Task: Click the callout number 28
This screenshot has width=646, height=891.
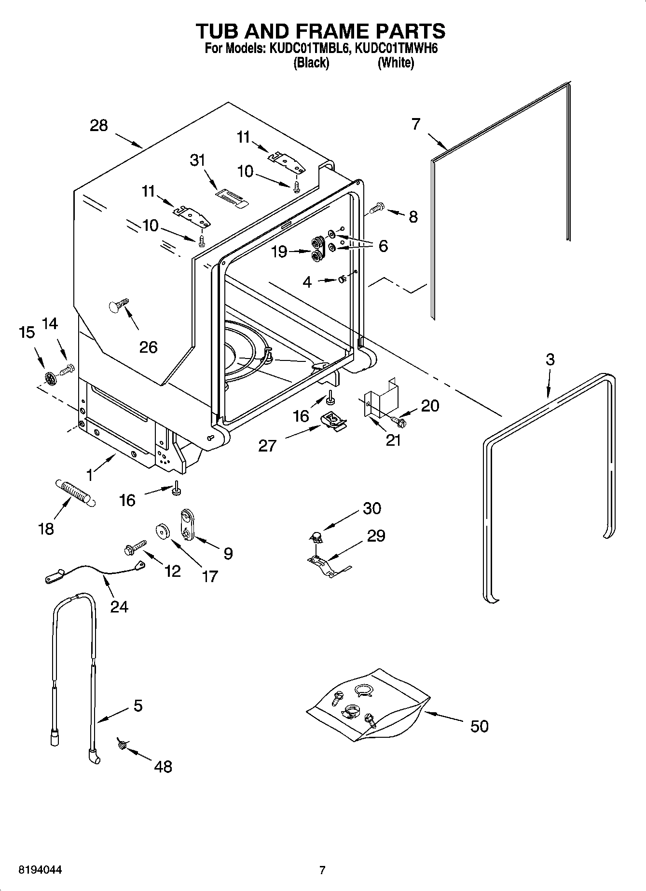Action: [99, 126]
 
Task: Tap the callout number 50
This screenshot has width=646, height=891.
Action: [479, 726]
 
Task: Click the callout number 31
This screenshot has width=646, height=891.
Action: [197, 160]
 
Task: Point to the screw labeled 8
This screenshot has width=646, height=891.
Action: [376, 209]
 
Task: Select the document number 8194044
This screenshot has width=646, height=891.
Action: [40, 870]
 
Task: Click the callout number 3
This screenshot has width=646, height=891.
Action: [550, 359]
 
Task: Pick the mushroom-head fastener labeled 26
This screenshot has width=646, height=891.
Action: [117, 305]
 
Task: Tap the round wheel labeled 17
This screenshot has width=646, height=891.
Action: [163, 531]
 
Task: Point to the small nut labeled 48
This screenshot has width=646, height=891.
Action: [122, 745]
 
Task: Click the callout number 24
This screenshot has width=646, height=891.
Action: [119, 606]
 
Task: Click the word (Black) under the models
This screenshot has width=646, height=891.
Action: [311, 63]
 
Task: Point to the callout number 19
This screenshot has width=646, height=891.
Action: [279, 252]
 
